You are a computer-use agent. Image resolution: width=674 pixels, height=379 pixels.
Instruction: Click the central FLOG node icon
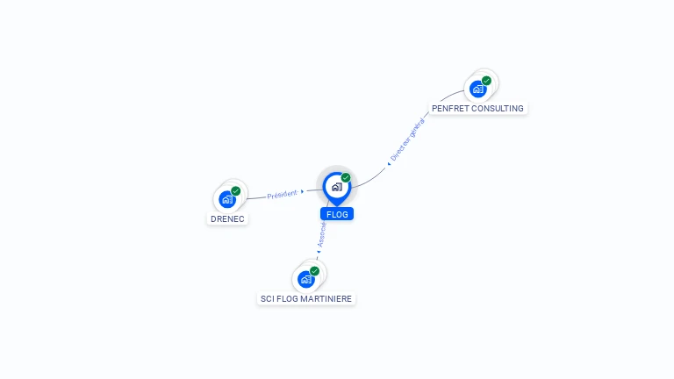[x=335, y=187]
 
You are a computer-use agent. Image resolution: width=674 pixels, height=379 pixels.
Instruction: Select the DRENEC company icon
[x=227, y=199]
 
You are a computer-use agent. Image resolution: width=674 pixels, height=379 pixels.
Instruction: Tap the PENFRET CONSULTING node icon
[x=477, y=89]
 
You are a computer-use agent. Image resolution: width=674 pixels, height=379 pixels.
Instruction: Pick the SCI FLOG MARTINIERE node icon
[x=305, y=279]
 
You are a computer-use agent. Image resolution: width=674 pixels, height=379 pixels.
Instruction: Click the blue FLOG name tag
[x=337, y=214]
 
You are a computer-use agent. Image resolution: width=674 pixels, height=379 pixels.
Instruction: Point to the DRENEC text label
[x=227, y=218]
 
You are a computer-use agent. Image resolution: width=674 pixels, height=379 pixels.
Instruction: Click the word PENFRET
[x=451, y=109]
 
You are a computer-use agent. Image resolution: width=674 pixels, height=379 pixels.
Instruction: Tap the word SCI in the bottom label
[x=268, y=299]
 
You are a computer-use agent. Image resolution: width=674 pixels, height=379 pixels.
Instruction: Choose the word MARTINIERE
[x=326, y=299]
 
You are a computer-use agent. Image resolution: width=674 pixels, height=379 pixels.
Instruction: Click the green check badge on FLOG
[x=346, y=178]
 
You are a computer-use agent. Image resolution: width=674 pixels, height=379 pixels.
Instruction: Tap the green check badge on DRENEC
[x=236, y=190]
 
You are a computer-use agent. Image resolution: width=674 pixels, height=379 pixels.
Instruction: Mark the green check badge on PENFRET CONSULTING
[x=486, y=80]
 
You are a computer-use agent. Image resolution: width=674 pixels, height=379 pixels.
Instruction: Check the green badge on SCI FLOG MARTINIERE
[x=314, y=270]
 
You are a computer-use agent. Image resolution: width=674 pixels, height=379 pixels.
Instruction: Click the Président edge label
[x=282, y=194]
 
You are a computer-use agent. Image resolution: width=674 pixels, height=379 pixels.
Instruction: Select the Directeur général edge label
[x=407, y=139]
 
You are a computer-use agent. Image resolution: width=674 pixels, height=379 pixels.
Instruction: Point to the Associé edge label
[x=322, y=234]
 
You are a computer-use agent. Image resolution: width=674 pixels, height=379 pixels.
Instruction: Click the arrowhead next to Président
[x=303, y=190]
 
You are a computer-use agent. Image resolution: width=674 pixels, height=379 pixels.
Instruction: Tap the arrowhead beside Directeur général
[x=389, y=162]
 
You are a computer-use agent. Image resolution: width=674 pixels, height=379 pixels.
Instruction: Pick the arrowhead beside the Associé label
[x=319, y=250]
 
